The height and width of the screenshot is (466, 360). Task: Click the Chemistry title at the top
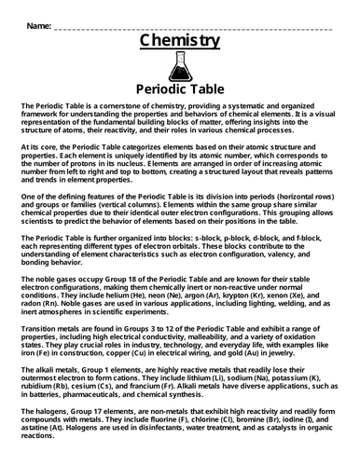tap(180, 41)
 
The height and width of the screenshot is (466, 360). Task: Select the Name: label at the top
tap(35, 23)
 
